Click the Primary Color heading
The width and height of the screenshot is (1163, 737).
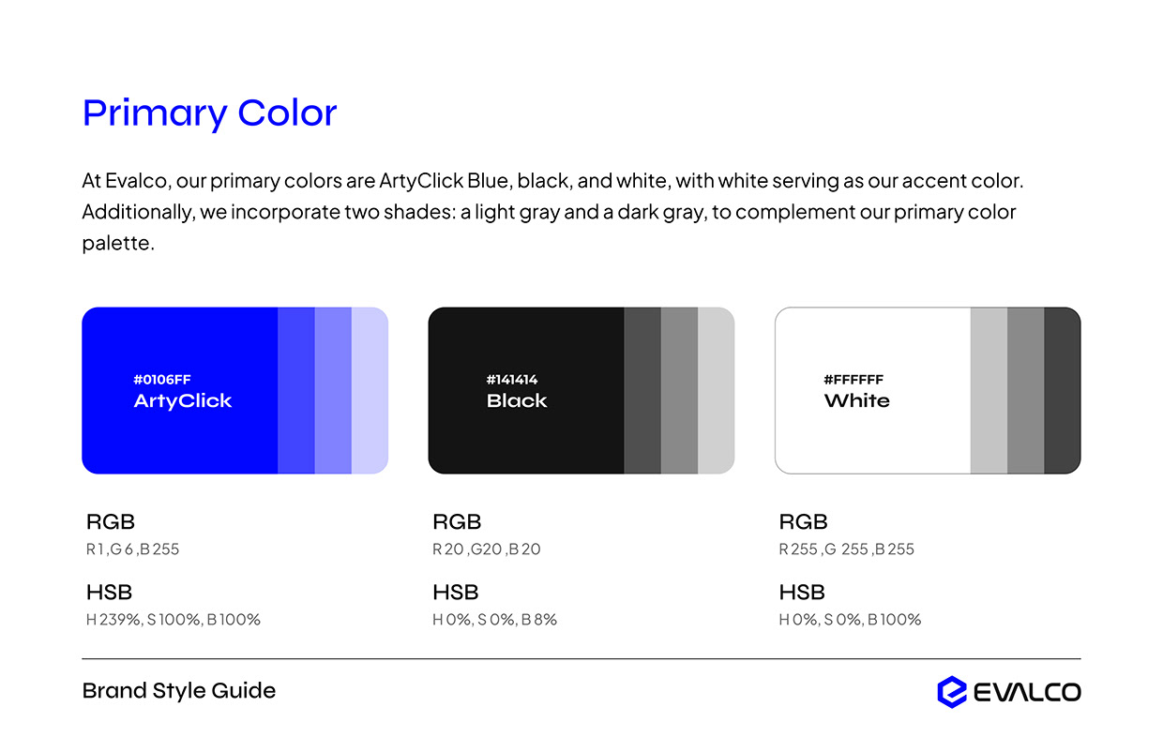coord(209,113)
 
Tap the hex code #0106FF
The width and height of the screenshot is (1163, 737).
coord(162,380)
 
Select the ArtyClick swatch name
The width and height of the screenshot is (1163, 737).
coord(183,401)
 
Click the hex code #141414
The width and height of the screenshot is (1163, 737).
coord(512,380)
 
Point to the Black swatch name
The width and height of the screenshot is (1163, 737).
coord(517,401)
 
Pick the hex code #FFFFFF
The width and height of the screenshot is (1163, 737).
coord(853,380)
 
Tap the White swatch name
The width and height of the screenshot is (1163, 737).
coord(857,401)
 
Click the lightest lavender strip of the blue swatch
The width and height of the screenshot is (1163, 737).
coord(370,390)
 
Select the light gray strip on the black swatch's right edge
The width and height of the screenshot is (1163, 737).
coord(716,390)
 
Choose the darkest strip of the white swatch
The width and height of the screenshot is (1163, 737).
coord(1062,390)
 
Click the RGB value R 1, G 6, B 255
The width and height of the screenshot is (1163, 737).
coord(132,549)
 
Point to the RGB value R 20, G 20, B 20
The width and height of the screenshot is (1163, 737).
coord(487,549)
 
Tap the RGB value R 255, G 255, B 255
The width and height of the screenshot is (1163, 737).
coord(846,549)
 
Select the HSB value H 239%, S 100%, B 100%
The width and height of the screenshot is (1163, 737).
coord(174,620)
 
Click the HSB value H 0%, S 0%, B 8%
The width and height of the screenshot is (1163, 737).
coord(494,620)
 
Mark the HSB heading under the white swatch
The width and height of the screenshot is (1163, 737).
coord(802,593)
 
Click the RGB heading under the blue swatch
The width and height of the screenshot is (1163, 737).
coord(111,522)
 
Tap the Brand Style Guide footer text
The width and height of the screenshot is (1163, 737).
coord(179,691)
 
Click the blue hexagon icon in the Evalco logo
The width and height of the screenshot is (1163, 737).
coord(951,692)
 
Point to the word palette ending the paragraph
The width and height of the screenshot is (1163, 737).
coord(117,244)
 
